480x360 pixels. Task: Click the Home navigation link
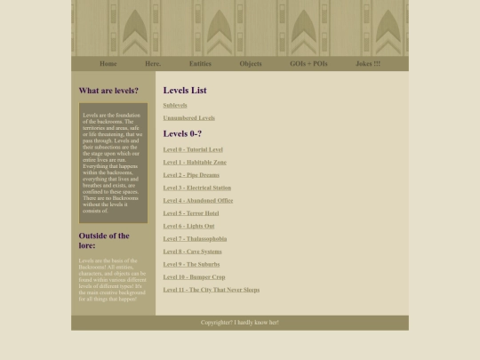click(x=108, y=64)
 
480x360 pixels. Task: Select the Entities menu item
click(x=200, y=64)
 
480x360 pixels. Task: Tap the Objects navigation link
click(x=251, y=64)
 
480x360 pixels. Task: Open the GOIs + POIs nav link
click(x=308, y=64)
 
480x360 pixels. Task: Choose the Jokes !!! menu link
click(x=368, y=64)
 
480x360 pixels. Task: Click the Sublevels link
click(x=175, y=105)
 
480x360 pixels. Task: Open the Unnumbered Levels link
click(x=188, y=117)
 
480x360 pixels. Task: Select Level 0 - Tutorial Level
click(x=193, y=149)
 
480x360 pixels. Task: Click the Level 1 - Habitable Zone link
click(x=195, y=162)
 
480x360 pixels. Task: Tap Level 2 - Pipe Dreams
click(x=191, y=175)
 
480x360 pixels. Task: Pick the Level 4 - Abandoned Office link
click(x=198, y=200)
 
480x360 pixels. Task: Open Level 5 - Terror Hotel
click(x=191, y=213)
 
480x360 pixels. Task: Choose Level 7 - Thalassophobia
click(x=195, y=238)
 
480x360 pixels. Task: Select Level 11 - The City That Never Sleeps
click(x=212, y=290)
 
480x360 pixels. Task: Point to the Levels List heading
click(x=185, y=90)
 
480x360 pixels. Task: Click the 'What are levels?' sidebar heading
click(x=108, y=91)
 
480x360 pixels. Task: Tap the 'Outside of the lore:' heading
click(x=104, y=240)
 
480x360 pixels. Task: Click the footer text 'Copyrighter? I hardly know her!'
click(x=240, y=323)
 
